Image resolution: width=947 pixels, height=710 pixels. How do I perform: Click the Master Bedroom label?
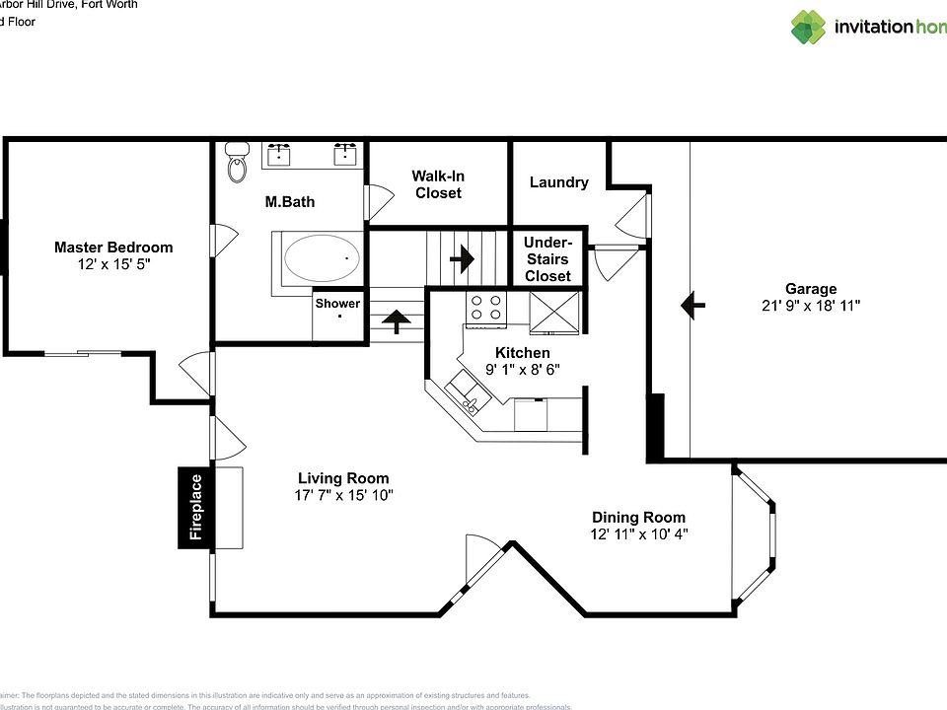coord(113,248)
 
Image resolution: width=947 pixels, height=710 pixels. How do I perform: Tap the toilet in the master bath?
coord(236,164)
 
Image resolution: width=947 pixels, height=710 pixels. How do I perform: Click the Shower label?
coord(337,304)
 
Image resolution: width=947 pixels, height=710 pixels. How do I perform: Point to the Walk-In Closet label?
coord(438,184)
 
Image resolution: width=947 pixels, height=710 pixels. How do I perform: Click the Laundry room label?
coord(558,182)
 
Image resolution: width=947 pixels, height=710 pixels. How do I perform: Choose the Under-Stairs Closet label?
coord(547,259)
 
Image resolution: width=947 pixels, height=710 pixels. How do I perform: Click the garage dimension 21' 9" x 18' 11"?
coord(810,306)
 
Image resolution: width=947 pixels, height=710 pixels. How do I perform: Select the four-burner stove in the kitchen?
coord(486,308)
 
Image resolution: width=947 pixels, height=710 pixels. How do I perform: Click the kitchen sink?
coord(463,399)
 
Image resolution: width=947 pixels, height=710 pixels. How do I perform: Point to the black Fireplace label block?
coord(195,507)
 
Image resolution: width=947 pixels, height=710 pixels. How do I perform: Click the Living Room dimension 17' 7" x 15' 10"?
coord(343,495)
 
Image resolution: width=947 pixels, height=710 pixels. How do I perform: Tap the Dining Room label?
coord(638,517)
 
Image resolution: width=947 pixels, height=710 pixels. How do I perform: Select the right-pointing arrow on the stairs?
coord(460,262)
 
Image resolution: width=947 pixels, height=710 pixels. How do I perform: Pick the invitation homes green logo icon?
coord(808,27)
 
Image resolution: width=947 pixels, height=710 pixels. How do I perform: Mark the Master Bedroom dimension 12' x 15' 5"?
coord(113,264)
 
